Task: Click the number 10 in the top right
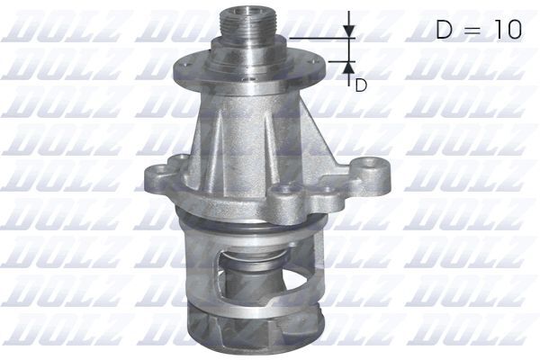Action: (505, 29)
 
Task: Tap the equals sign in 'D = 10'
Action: (476, 30)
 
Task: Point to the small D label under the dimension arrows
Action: (360, 85)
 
